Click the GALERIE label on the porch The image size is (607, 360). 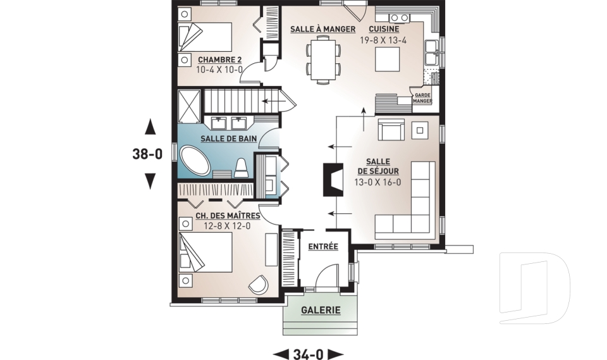[321, 310]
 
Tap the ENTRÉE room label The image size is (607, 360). [323, 247]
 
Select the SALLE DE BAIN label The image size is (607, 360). [228, 139]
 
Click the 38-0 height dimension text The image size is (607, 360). [147, 154]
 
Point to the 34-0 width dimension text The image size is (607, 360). [308, 354]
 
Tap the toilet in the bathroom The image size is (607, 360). [241, 168]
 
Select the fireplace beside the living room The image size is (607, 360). [333, 179]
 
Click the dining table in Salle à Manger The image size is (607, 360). [323, 59]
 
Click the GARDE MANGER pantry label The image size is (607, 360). [422, 97]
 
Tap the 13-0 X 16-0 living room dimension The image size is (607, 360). [377, 182]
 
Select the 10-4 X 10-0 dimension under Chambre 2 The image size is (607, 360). [219, 70]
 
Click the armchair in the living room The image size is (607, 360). [391, 130]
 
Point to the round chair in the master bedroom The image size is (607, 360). [258, 285]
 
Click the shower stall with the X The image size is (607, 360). [189, 106]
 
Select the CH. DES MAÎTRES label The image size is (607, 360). [228, 216]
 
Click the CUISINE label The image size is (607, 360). [384, 29]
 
